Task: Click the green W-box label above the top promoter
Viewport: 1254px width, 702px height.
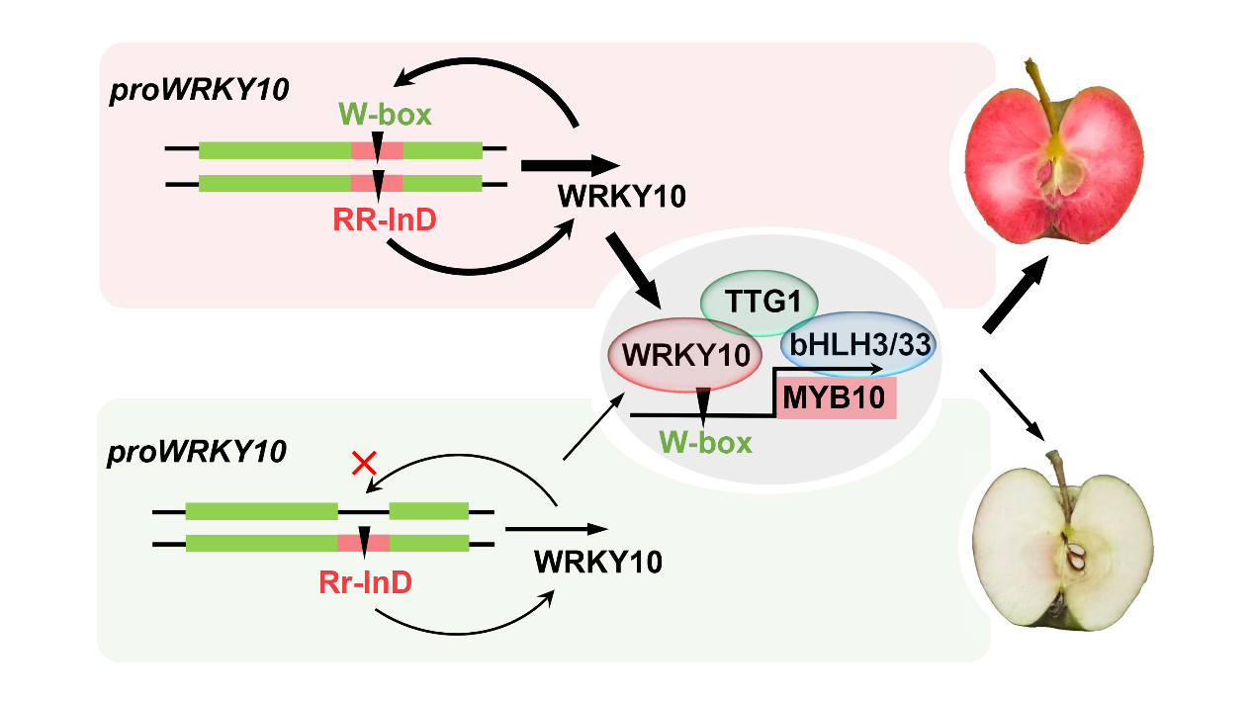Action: (386, 115)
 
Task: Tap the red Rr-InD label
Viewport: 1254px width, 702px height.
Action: (364, 582)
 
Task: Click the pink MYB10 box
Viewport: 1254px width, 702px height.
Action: (836, 399)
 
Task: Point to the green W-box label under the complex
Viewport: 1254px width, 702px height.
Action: (705, 442)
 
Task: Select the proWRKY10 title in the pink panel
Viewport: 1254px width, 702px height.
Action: (199, 90)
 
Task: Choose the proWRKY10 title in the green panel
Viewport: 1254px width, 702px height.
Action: (197, 452)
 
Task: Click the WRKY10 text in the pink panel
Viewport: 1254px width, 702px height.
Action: (621, 196)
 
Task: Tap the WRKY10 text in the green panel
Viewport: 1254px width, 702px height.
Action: (597, 562)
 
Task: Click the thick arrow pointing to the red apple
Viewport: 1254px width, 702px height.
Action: (1016, 298)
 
